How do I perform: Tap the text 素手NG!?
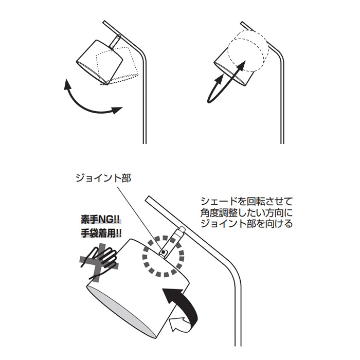click(99, 219)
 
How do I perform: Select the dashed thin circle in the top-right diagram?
click(248, 50)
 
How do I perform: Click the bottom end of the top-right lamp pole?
click(282, 141)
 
